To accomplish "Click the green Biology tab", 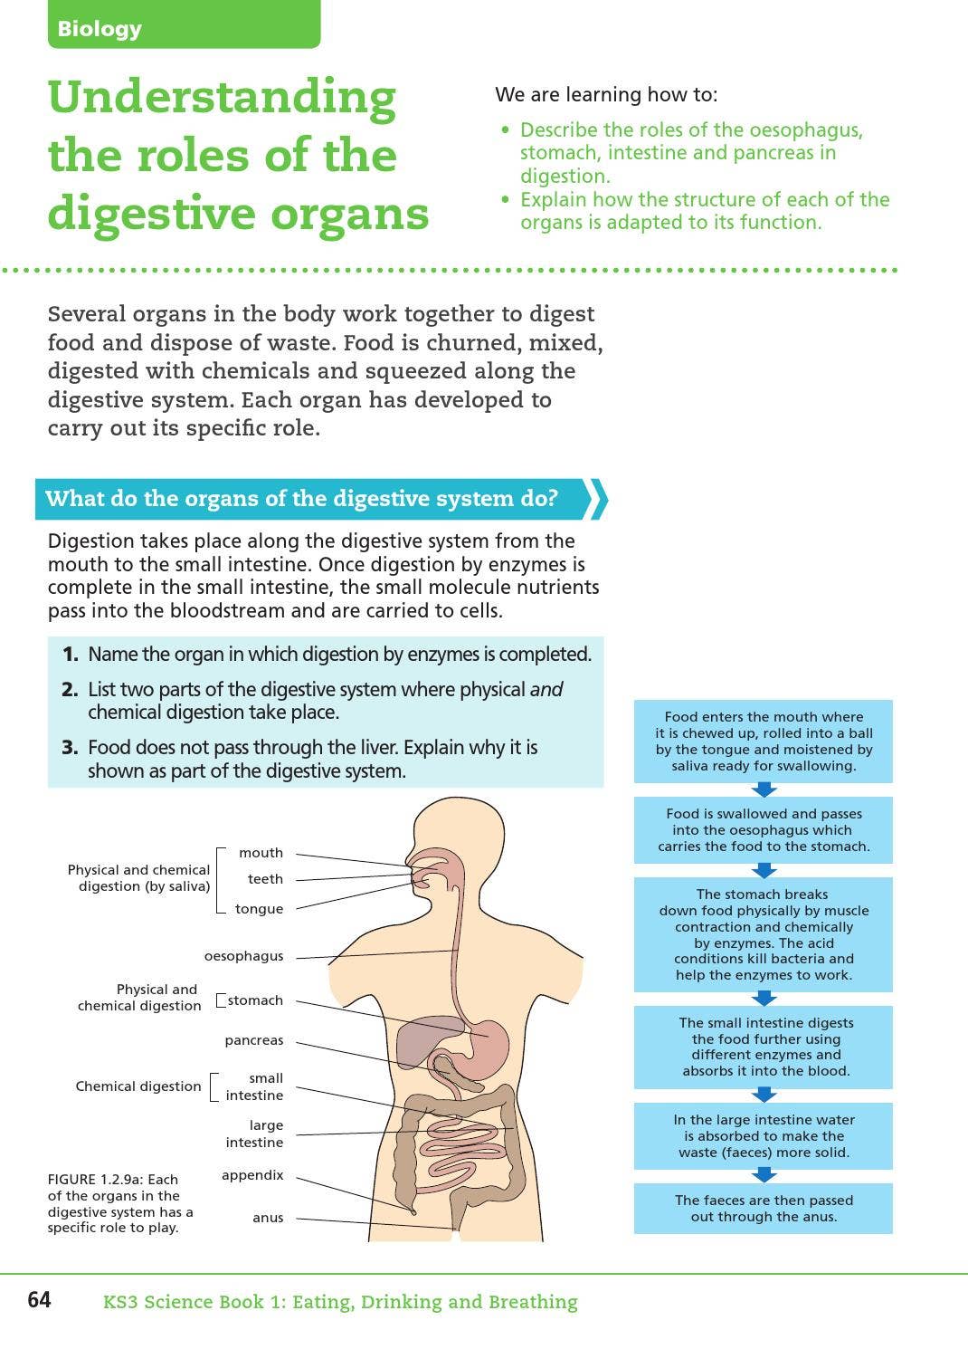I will point(184,25).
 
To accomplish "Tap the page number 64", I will point(39,1300).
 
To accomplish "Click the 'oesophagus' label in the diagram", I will point(243,956).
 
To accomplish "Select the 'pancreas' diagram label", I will point(253,1040).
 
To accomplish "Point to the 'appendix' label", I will point(252,1175).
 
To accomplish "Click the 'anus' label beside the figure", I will point(268,1218).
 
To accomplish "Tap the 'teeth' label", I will point(265,879).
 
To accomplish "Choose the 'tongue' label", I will point(259,909).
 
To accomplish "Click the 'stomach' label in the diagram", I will point(255,1000).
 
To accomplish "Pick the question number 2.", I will point(70,690).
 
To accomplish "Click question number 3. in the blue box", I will point(70,748).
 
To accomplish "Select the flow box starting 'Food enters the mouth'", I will point(764,741).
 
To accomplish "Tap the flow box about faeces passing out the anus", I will point(764,1209).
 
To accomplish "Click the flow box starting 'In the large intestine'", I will point(764,1136).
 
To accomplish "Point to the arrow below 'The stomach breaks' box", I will point(764,998).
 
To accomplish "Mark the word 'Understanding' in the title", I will point(222,98).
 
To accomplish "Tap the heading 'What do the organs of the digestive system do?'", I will point(301,499).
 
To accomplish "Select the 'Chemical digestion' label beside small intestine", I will point(138,1086).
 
